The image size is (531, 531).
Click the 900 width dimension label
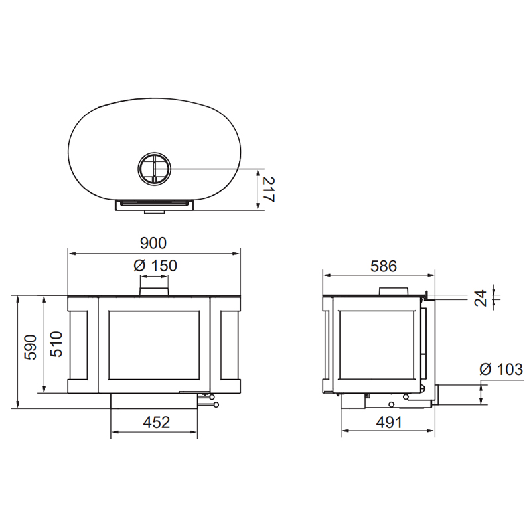point(153,243)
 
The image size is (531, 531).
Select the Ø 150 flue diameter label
point(155,266)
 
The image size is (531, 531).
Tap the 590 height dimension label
point(31,347)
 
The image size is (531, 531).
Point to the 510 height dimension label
point(56,344)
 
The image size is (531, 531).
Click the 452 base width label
point(156,422)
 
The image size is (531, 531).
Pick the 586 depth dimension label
point(384,267)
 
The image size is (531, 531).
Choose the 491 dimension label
point(389,422)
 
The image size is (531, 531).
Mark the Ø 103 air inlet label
point(501,369)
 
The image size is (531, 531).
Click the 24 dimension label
point(480,298)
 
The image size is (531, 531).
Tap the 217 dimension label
point(268,189)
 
